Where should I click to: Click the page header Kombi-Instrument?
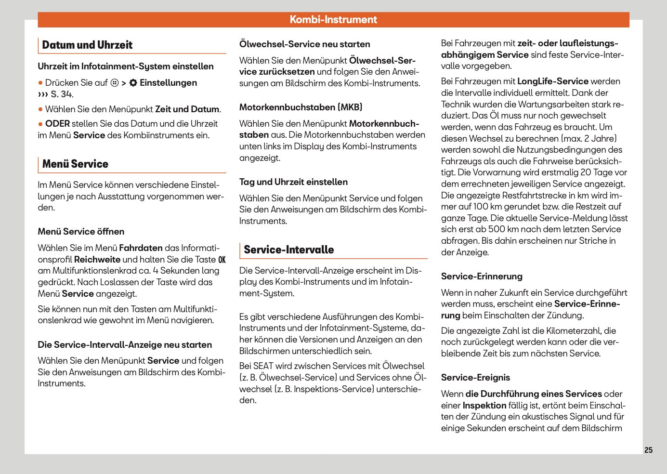(333, 20)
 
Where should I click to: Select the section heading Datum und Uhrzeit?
(87, 45)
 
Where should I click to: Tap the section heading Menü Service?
(75, 164)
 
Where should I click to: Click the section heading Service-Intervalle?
(288, 250)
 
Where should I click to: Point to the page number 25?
(648, 450)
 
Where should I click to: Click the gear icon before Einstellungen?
(133, 83)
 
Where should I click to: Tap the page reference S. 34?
(62, 94)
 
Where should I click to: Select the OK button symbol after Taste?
(222, 260)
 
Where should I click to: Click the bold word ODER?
(57, 124)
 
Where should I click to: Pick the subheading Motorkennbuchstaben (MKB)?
(301, 107)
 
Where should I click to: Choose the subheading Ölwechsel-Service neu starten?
(304, 44)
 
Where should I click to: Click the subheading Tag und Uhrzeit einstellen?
(293, 182)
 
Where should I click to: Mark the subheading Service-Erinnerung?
(482, 276)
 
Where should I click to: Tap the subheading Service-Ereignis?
(475, 378)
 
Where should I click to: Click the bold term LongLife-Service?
(552, 81)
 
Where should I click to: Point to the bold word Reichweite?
(97, 260)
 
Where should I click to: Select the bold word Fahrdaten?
(141, 248)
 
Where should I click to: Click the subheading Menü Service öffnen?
(81, 232)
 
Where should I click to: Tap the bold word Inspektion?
(484, 406)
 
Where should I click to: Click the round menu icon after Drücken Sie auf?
(115, 83)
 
